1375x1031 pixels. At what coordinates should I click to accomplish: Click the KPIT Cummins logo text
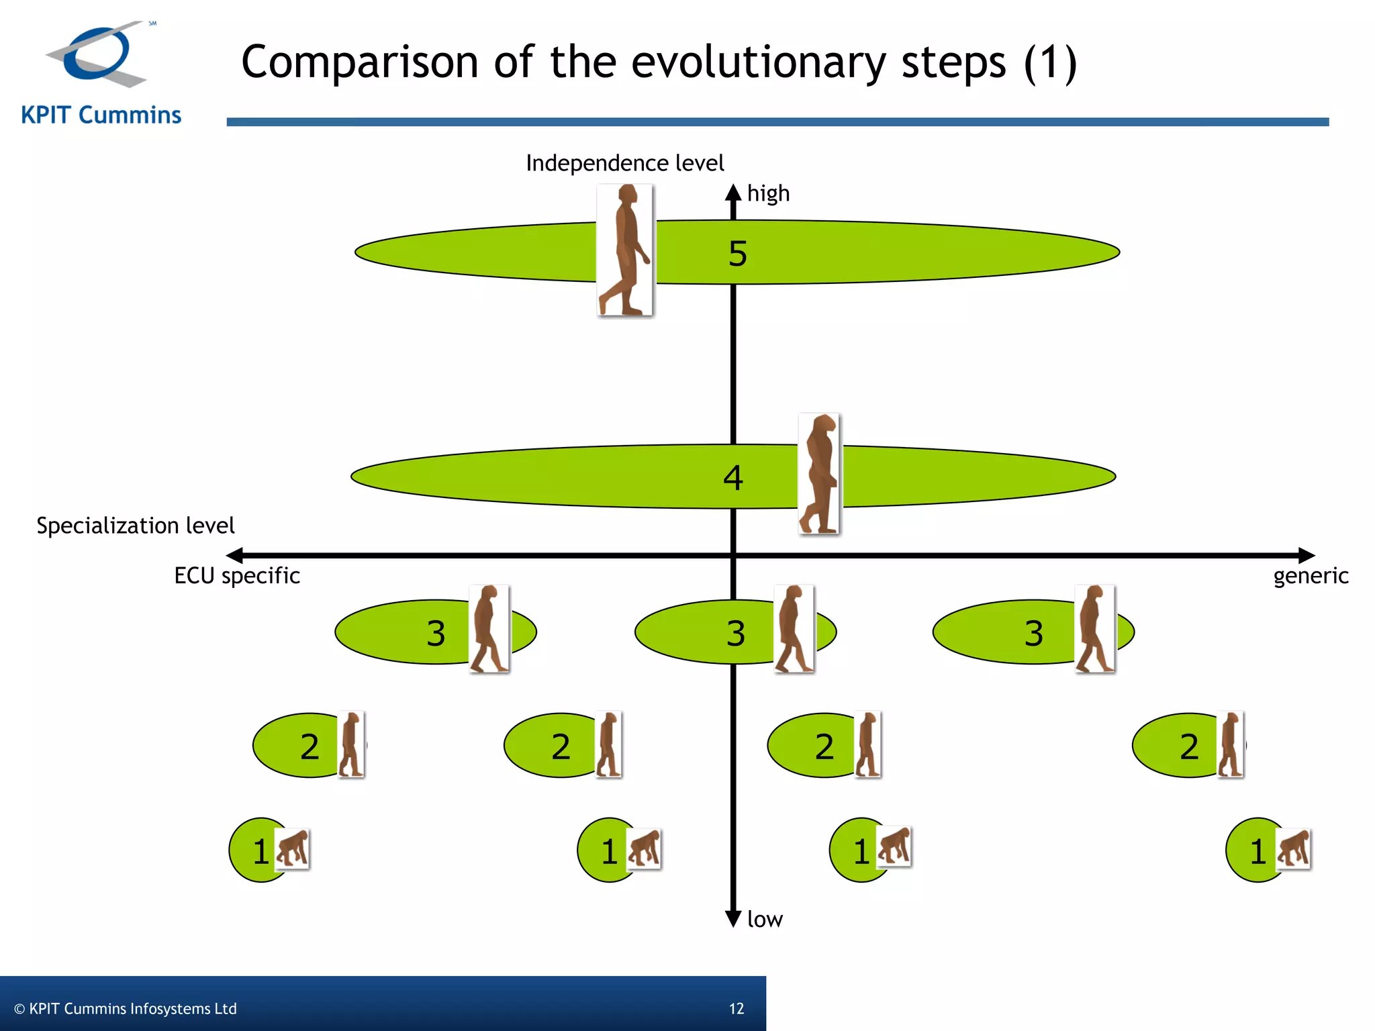point(101,115)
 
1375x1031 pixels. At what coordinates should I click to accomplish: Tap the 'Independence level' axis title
point(624,163)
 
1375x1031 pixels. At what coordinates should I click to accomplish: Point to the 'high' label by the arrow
point(768,193)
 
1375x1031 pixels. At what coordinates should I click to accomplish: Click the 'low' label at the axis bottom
point(765,919)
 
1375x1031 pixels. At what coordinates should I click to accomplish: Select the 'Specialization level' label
point(135,525)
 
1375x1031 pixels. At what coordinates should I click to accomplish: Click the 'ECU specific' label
point(236,576)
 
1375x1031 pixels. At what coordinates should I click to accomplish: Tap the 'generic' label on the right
point(1311,576)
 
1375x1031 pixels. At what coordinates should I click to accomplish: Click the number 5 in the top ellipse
point(737,254)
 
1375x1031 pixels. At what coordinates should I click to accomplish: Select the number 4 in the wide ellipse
point(732,478)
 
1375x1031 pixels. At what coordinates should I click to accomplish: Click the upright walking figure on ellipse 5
point(625,250)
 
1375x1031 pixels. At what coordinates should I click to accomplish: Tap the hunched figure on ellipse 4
point(819,474)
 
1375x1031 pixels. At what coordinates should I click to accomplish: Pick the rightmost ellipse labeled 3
point(1007,632)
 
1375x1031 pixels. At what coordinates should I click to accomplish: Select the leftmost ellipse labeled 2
point(295,745)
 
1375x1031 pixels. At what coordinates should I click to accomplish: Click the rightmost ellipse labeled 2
point(1175,745)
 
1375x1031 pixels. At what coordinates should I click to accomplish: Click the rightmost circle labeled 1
point(1252,850)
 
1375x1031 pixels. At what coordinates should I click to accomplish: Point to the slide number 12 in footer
point(737,1008)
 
